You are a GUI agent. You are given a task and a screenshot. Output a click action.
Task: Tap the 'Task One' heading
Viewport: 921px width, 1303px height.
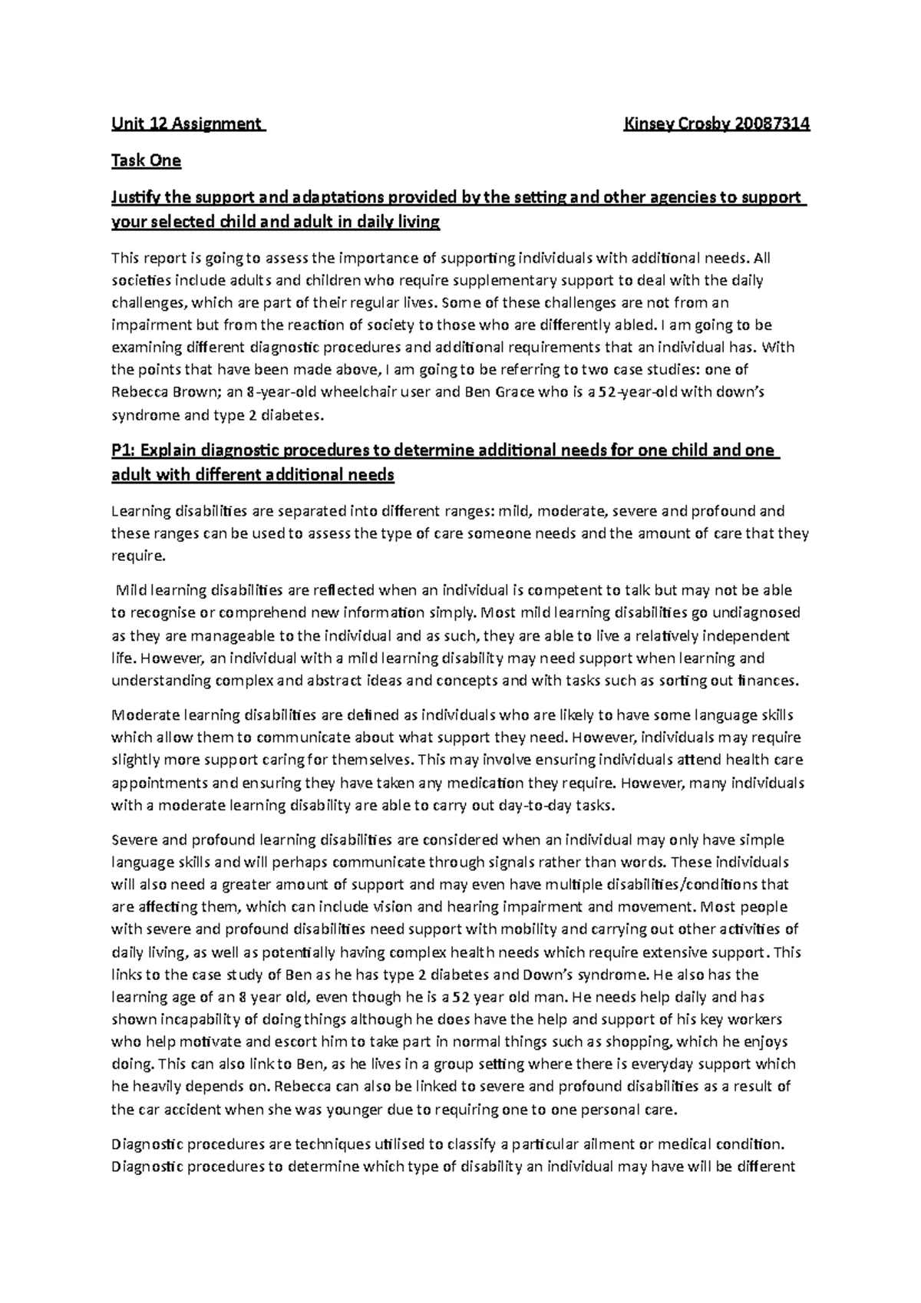147,160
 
